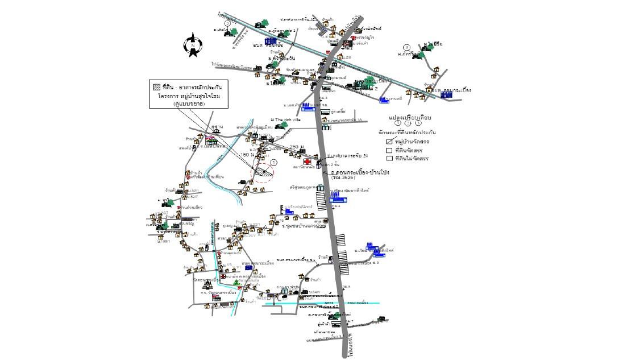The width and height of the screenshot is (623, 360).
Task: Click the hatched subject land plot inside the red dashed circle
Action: [261, 170]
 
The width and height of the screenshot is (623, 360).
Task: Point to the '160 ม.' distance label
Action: [248, 154]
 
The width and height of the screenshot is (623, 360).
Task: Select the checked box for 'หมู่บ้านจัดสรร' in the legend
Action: [389, 142]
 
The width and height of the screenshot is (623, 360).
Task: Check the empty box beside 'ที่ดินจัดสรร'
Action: [389, 150]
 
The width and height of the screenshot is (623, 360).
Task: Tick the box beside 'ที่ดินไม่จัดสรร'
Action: [389, 158]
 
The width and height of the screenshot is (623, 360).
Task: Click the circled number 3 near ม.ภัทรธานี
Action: [406, 47]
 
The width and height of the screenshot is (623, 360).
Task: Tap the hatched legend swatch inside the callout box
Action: [156, 88]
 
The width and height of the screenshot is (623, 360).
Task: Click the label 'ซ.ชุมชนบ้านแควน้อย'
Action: [304, 226]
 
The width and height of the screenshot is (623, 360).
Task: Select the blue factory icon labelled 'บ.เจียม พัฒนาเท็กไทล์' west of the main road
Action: [338, 198]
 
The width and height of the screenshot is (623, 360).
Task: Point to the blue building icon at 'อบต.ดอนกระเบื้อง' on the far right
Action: [447, 94]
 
